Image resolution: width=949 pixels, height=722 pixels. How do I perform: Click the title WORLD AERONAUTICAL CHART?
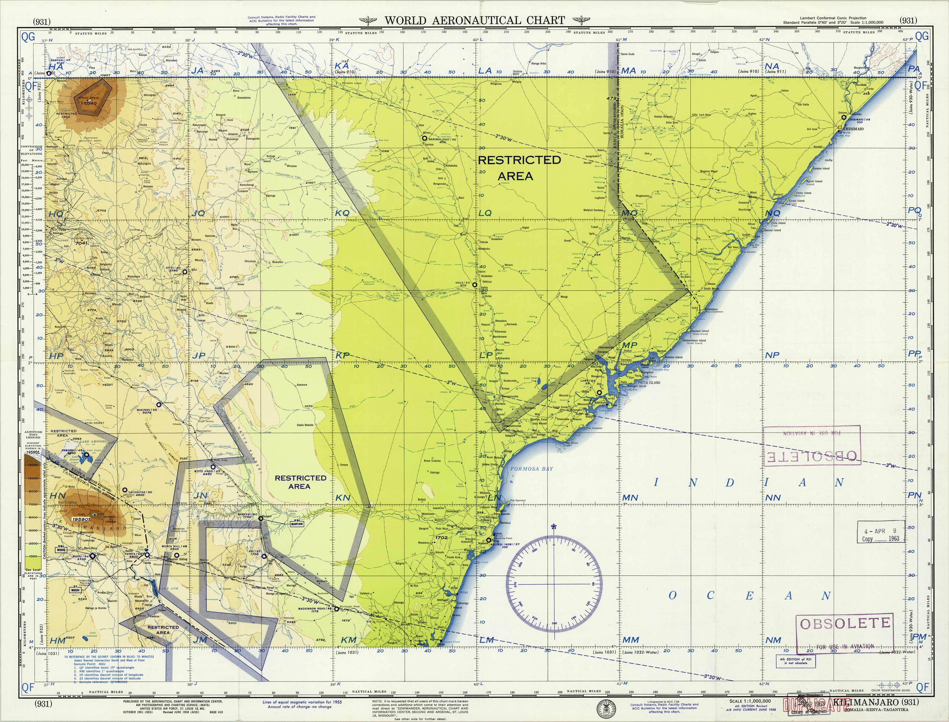click(x=474, y=20)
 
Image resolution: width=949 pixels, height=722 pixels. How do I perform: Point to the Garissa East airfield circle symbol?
click(x=424, y=138)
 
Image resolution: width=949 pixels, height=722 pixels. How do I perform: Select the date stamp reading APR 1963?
click(x=881, y=534)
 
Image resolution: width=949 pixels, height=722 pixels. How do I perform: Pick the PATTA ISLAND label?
click(x=649, y=382)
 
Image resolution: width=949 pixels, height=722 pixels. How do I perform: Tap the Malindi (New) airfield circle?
click(x=488, y=541)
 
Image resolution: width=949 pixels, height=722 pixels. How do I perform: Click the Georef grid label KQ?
click(x=342, y=213)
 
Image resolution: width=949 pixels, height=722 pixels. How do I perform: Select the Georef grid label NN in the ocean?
click(x=773, y=498)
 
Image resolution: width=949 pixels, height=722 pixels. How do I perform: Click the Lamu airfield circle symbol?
click(x=599, y=392)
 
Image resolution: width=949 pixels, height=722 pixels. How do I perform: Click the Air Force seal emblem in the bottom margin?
click(x=606, y=707)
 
